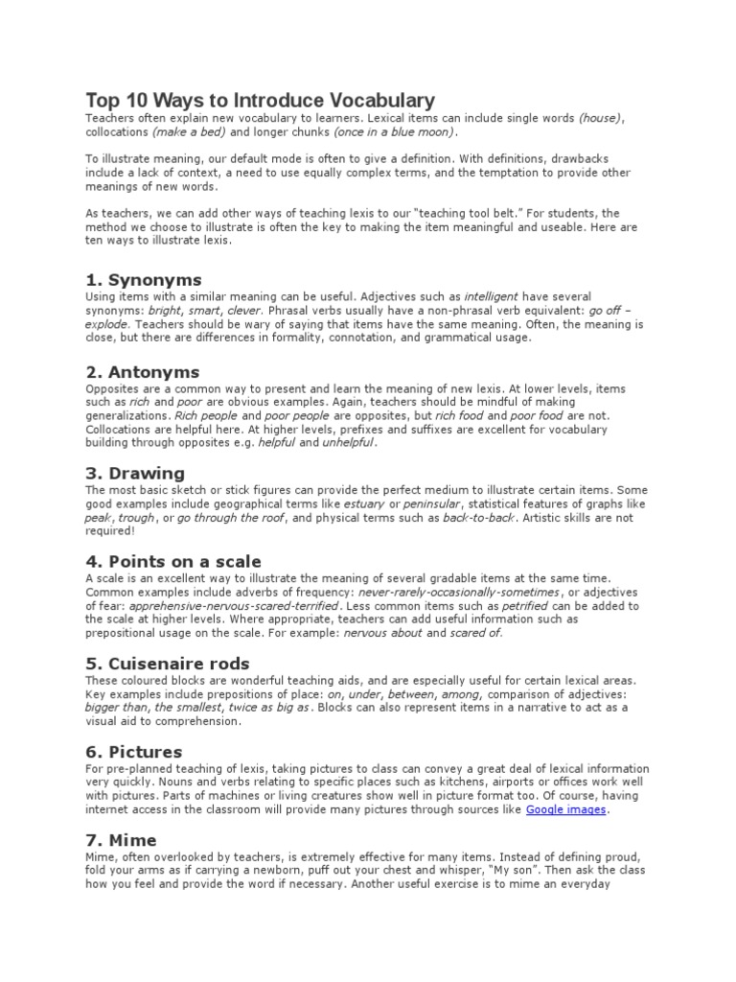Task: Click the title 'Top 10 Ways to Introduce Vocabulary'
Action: click(x=261, y=100)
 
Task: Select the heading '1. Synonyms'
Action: click(x=144, y=280)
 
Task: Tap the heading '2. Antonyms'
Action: click(x=143, y=371)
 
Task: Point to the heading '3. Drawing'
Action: click(x=135, y=473)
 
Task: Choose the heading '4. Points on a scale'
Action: click(x=173, y=561)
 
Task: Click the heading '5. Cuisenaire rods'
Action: click(x=168, y=664)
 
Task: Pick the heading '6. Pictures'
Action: click(x=134, y=752)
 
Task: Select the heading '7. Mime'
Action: click(x=122, y=841)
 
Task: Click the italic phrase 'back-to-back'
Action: click(x=479, y=517)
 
